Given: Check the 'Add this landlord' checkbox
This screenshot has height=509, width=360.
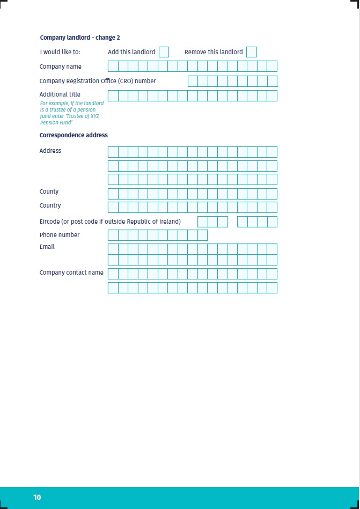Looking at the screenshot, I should pyautogui.click(x=164, y=52).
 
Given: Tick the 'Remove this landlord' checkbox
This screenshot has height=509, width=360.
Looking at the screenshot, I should pyautogui.click(x=251, y=52).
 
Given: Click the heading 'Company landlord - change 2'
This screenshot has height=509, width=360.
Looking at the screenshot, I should pyautogui.click(x=80, y=38).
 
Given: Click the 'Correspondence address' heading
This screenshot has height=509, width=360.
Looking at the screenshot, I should pyautogui.click(x=74, y=135).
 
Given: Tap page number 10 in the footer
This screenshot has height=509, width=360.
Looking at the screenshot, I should pyautogui.click(x=37, y=497).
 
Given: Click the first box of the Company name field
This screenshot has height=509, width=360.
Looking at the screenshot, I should pyautogui.click(x=113, y=67).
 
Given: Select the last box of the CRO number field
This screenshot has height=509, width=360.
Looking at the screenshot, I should pyautogui.click(x=272, y=82).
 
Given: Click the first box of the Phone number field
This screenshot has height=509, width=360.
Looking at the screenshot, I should pyautogui.click(x=113, y=235).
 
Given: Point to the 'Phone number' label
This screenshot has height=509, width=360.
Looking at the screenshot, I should pyautogui.click(x=60, y=235).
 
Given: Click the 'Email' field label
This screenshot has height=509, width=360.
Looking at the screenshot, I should pyautogui.click(x=47, y=247).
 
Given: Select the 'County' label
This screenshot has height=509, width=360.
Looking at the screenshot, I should pyautogui.click(x=49, y=191).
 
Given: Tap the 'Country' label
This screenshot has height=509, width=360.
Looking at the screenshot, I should pyautogui.click(x=50, y=205).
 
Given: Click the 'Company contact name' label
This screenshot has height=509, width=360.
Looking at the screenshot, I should pyautogui.click(x=71, y=272).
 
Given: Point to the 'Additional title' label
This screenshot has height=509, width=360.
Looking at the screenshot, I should pyautogui.click(x=60, y=94).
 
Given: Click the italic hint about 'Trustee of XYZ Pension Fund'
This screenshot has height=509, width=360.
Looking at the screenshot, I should pyautogui.click(x=72, y=113).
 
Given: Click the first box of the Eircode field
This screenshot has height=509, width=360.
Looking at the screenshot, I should pyautogui.click(x=202, y=222).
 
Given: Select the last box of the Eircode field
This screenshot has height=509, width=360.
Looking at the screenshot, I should pyautogui.click(x=272, y=222).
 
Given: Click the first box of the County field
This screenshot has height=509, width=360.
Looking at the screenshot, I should pyautogui.click(x=113, y=194).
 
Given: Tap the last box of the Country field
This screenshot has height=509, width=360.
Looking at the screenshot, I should pyautogui.click(x=272, y=208).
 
